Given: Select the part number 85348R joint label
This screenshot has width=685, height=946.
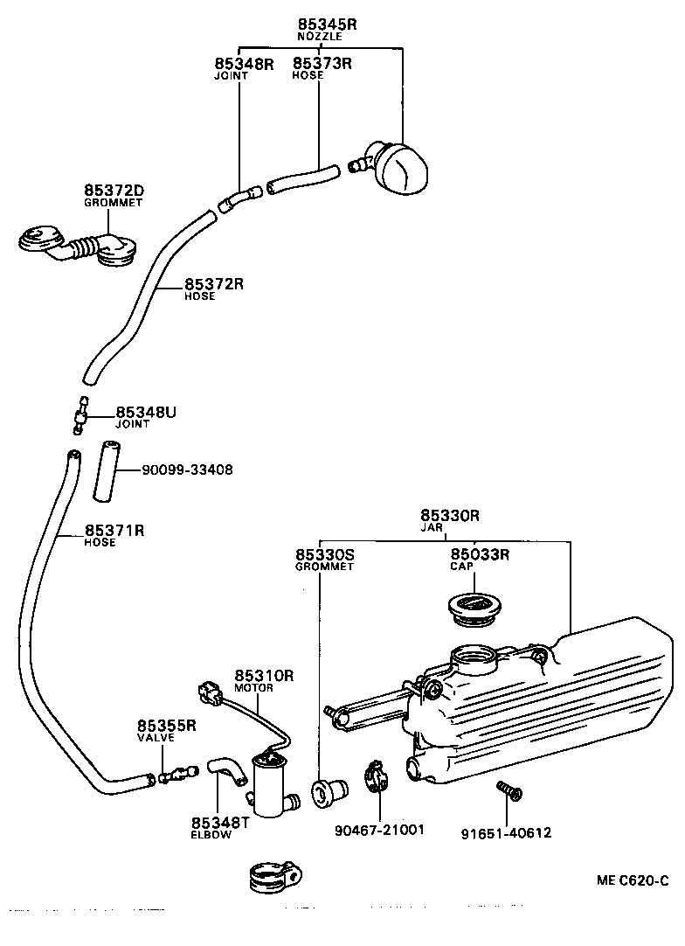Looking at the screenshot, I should [x=244, y=63].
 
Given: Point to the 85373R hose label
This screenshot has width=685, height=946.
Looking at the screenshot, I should [x=321, y=63].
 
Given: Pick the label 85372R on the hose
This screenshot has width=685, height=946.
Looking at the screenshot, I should [x=213, y=284].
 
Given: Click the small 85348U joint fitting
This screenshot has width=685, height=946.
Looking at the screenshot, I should [x=81, y=414].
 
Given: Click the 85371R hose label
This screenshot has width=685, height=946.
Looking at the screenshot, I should [x=114, y=531].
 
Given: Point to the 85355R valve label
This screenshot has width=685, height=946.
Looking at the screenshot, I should [x=166, y=726].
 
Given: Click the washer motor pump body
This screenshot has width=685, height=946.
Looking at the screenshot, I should [x=272, y=774].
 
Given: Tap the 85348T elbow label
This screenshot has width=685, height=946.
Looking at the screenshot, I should [x=220, y=823].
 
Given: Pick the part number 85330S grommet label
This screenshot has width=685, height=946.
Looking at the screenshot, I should [x=324, y=554].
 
